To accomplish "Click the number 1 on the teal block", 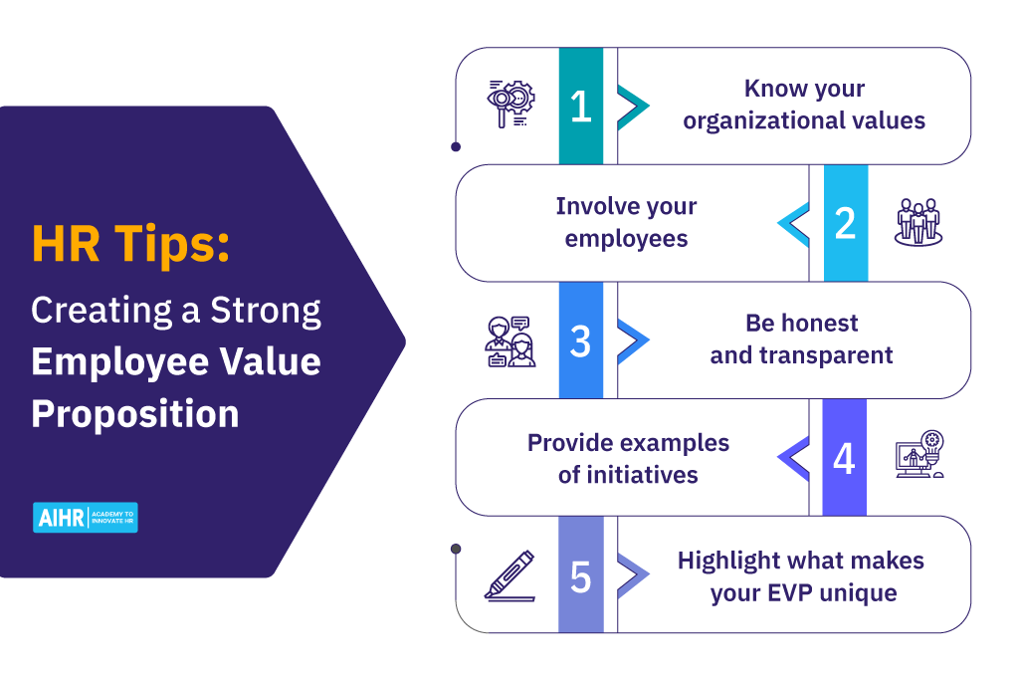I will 581,107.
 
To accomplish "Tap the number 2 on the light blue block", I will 845,223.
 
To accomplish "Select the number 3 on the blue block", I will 581,340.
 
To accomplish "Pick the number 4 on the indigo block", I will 844,458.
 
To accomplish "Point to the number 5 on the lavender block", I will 581,575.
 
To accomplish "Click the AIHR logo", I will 86,517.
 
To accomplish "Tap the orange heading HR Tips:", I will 130,244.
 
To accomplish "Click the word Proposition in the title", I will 135,413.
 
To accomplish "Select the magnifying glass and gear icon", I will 510,106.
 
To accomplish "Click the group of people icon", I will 918,222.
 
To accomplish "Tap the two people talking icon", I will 510,340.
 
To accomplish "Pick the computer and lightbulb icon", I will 918,456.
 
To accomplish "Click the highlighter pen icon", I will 509,576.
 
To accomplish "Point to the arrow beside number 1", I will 633,107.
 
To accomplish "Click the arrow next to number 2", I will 793,223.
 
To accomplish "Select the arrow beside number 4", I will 793,458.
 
